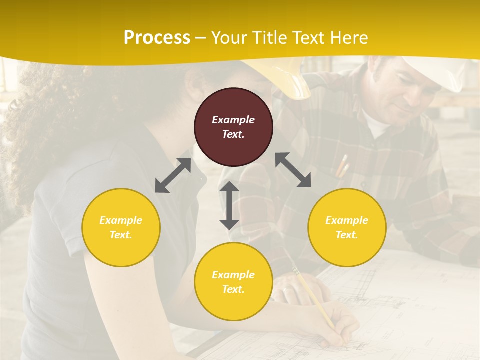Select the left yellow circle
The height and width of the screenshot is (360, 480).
(121, 227)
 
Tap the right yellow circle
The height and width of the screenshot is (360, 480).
(347, 227)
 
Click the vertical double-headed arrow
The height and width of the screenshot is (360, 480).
(229, 205)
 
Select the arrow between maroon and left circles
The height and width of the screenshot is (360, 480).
(173, 175)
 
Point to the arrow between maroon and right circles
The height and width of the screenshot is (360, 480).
(293, 170)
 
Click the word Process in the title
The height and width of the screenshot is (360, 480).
(157, 37)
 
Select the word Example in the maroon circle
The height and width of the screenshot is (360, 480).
(233, 120)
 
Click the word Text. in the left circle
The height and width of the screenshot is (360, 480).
(121, 235)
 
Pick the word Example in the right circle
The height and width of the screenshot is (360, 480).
(347, 220)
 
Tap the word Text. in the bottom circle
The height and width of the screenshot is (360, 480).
(233, 289)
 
